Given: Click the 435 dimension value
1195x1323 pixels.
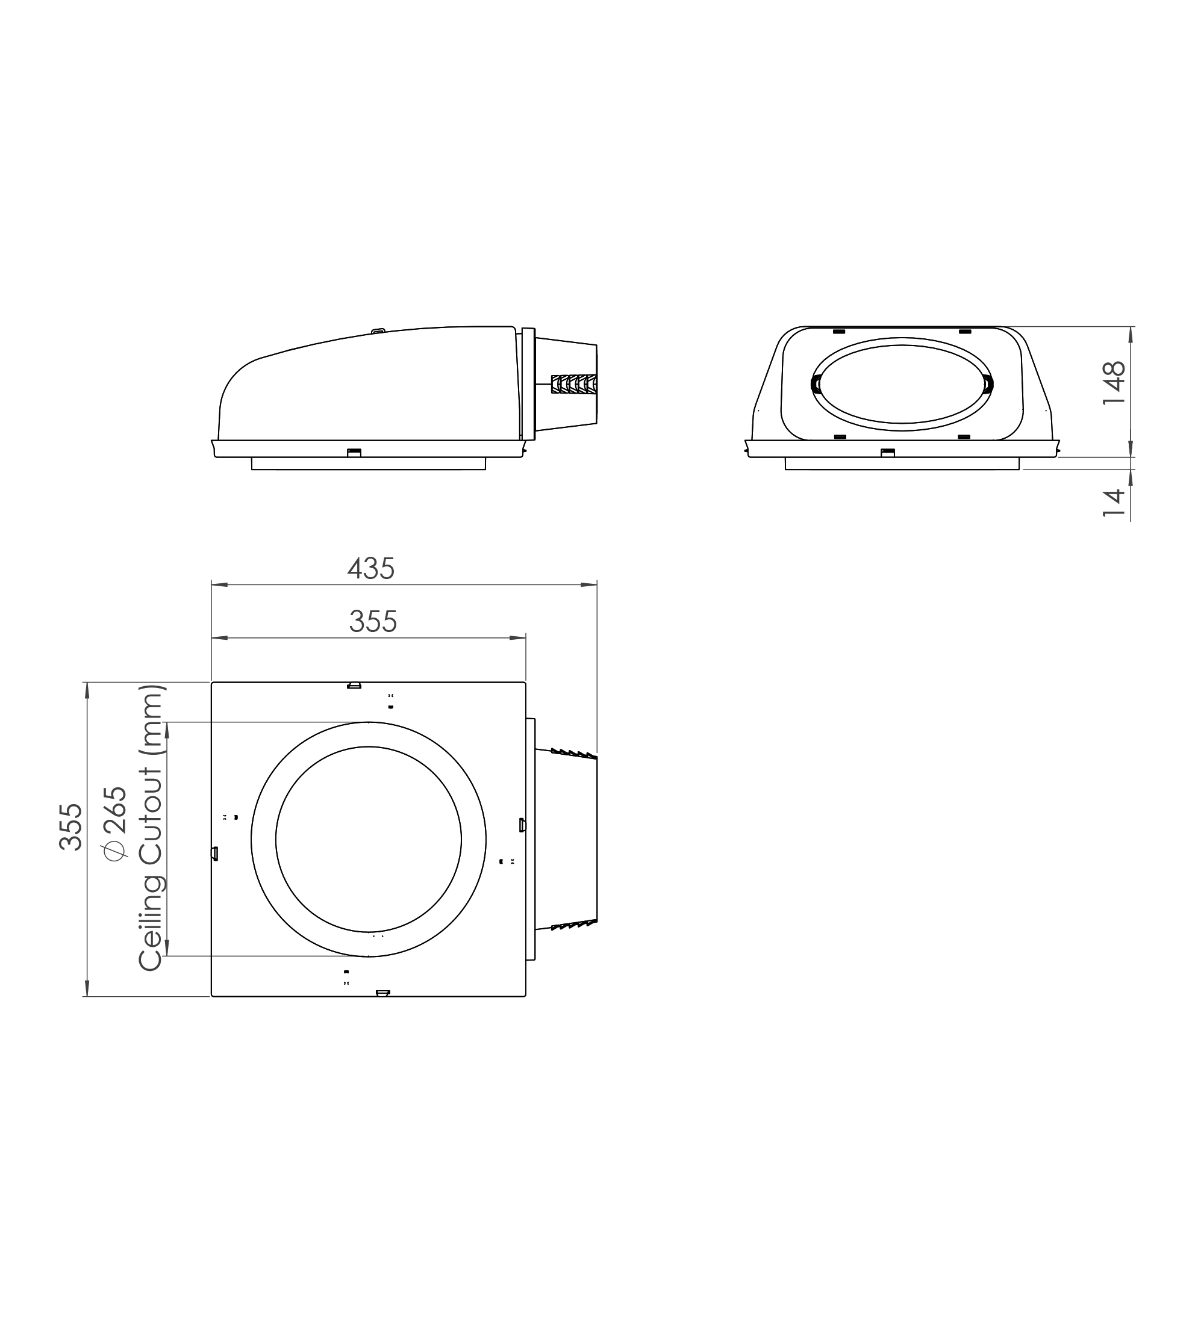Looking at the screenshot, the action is pyautogui.click(x=371, y=569).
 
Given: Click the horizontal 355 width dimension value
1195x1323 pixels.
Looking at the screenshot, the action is pyautogui.click(x=373, y=621).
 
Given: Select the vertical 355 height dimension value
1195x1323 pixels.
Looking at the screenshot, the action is pyautogui.click(x=71, y=827).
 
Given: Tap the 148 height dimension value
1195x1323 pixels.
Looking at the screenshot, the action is pyautogui.click(x=1114, y=383).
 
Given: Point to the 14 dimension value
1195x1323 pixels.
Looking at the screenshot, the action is pyautogui.click(x=1114, y=503).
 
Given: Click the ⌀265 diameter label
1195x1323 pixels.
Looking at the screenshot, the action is pyautogui.click(x=114, y=823).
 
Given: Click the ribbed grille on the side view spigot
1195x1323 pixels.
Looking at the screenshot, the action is pyautogui.click(x=574, y=384).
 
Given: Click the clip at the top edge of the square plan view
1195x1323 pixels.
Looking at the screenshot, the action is pyautogui.click(x=354, y=685).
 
